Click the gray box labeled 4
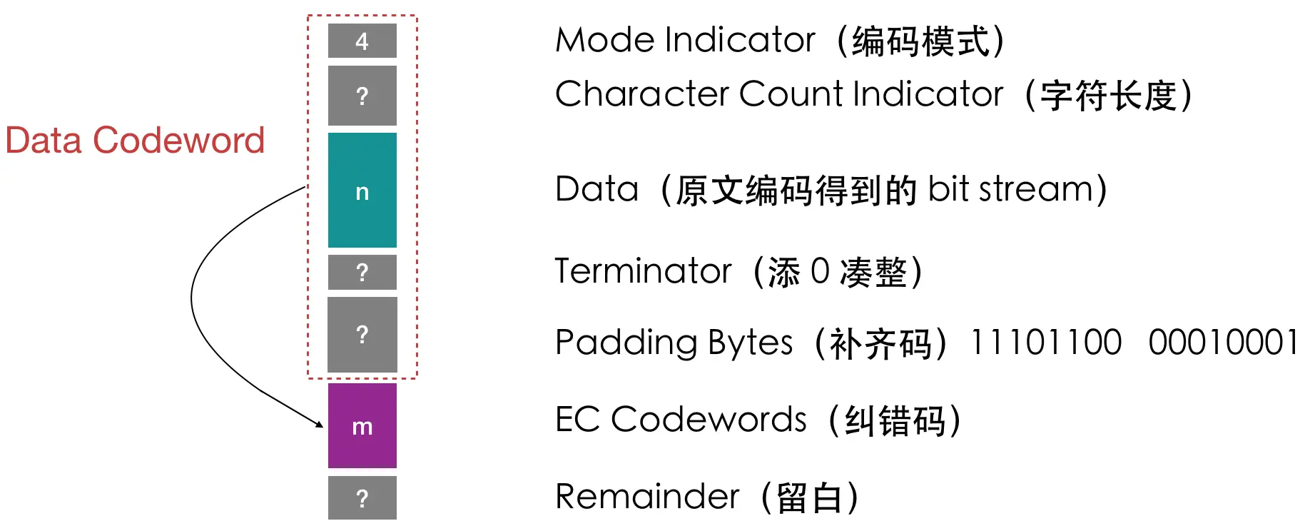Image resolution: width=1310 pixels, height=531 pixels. click(362, 41)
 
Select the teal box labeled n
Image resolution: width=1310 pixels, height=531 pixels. click(362, 191)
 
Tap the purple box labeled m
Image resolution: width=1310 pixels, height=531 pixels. click(362, 426)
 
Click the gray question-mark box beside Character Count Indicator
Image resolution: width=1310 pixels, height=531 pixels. click(362, 96)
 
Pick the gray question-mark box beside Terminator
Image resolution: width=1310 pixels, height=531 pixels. click(362, 272)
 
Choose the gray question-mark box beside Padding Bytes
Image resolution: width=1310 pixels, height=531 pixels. click(362, 334)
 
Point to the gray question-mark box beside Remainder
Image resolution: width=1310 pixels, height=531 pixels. click(362, 497)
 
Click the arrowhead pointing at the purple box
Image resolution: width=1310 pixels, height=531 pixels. click(318, 424)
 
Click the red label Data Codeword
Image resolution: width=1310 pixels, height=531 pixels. click(135, 141)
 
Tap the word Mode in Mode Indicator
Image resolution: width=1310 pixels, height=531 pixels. click(604, 40)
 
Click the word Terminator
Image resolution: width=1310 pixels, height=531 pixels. click(643, 271)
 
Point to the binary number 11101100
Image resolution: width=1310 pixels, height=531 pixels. click(1045, 343)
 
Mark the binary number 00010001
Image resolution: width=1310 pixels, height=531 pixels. click(1223, 343)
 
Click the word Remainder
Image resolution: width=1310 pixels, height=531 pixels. click(647, 497)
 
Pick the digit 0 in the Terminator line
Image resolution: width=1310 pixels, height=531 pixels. click(820, 271)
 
